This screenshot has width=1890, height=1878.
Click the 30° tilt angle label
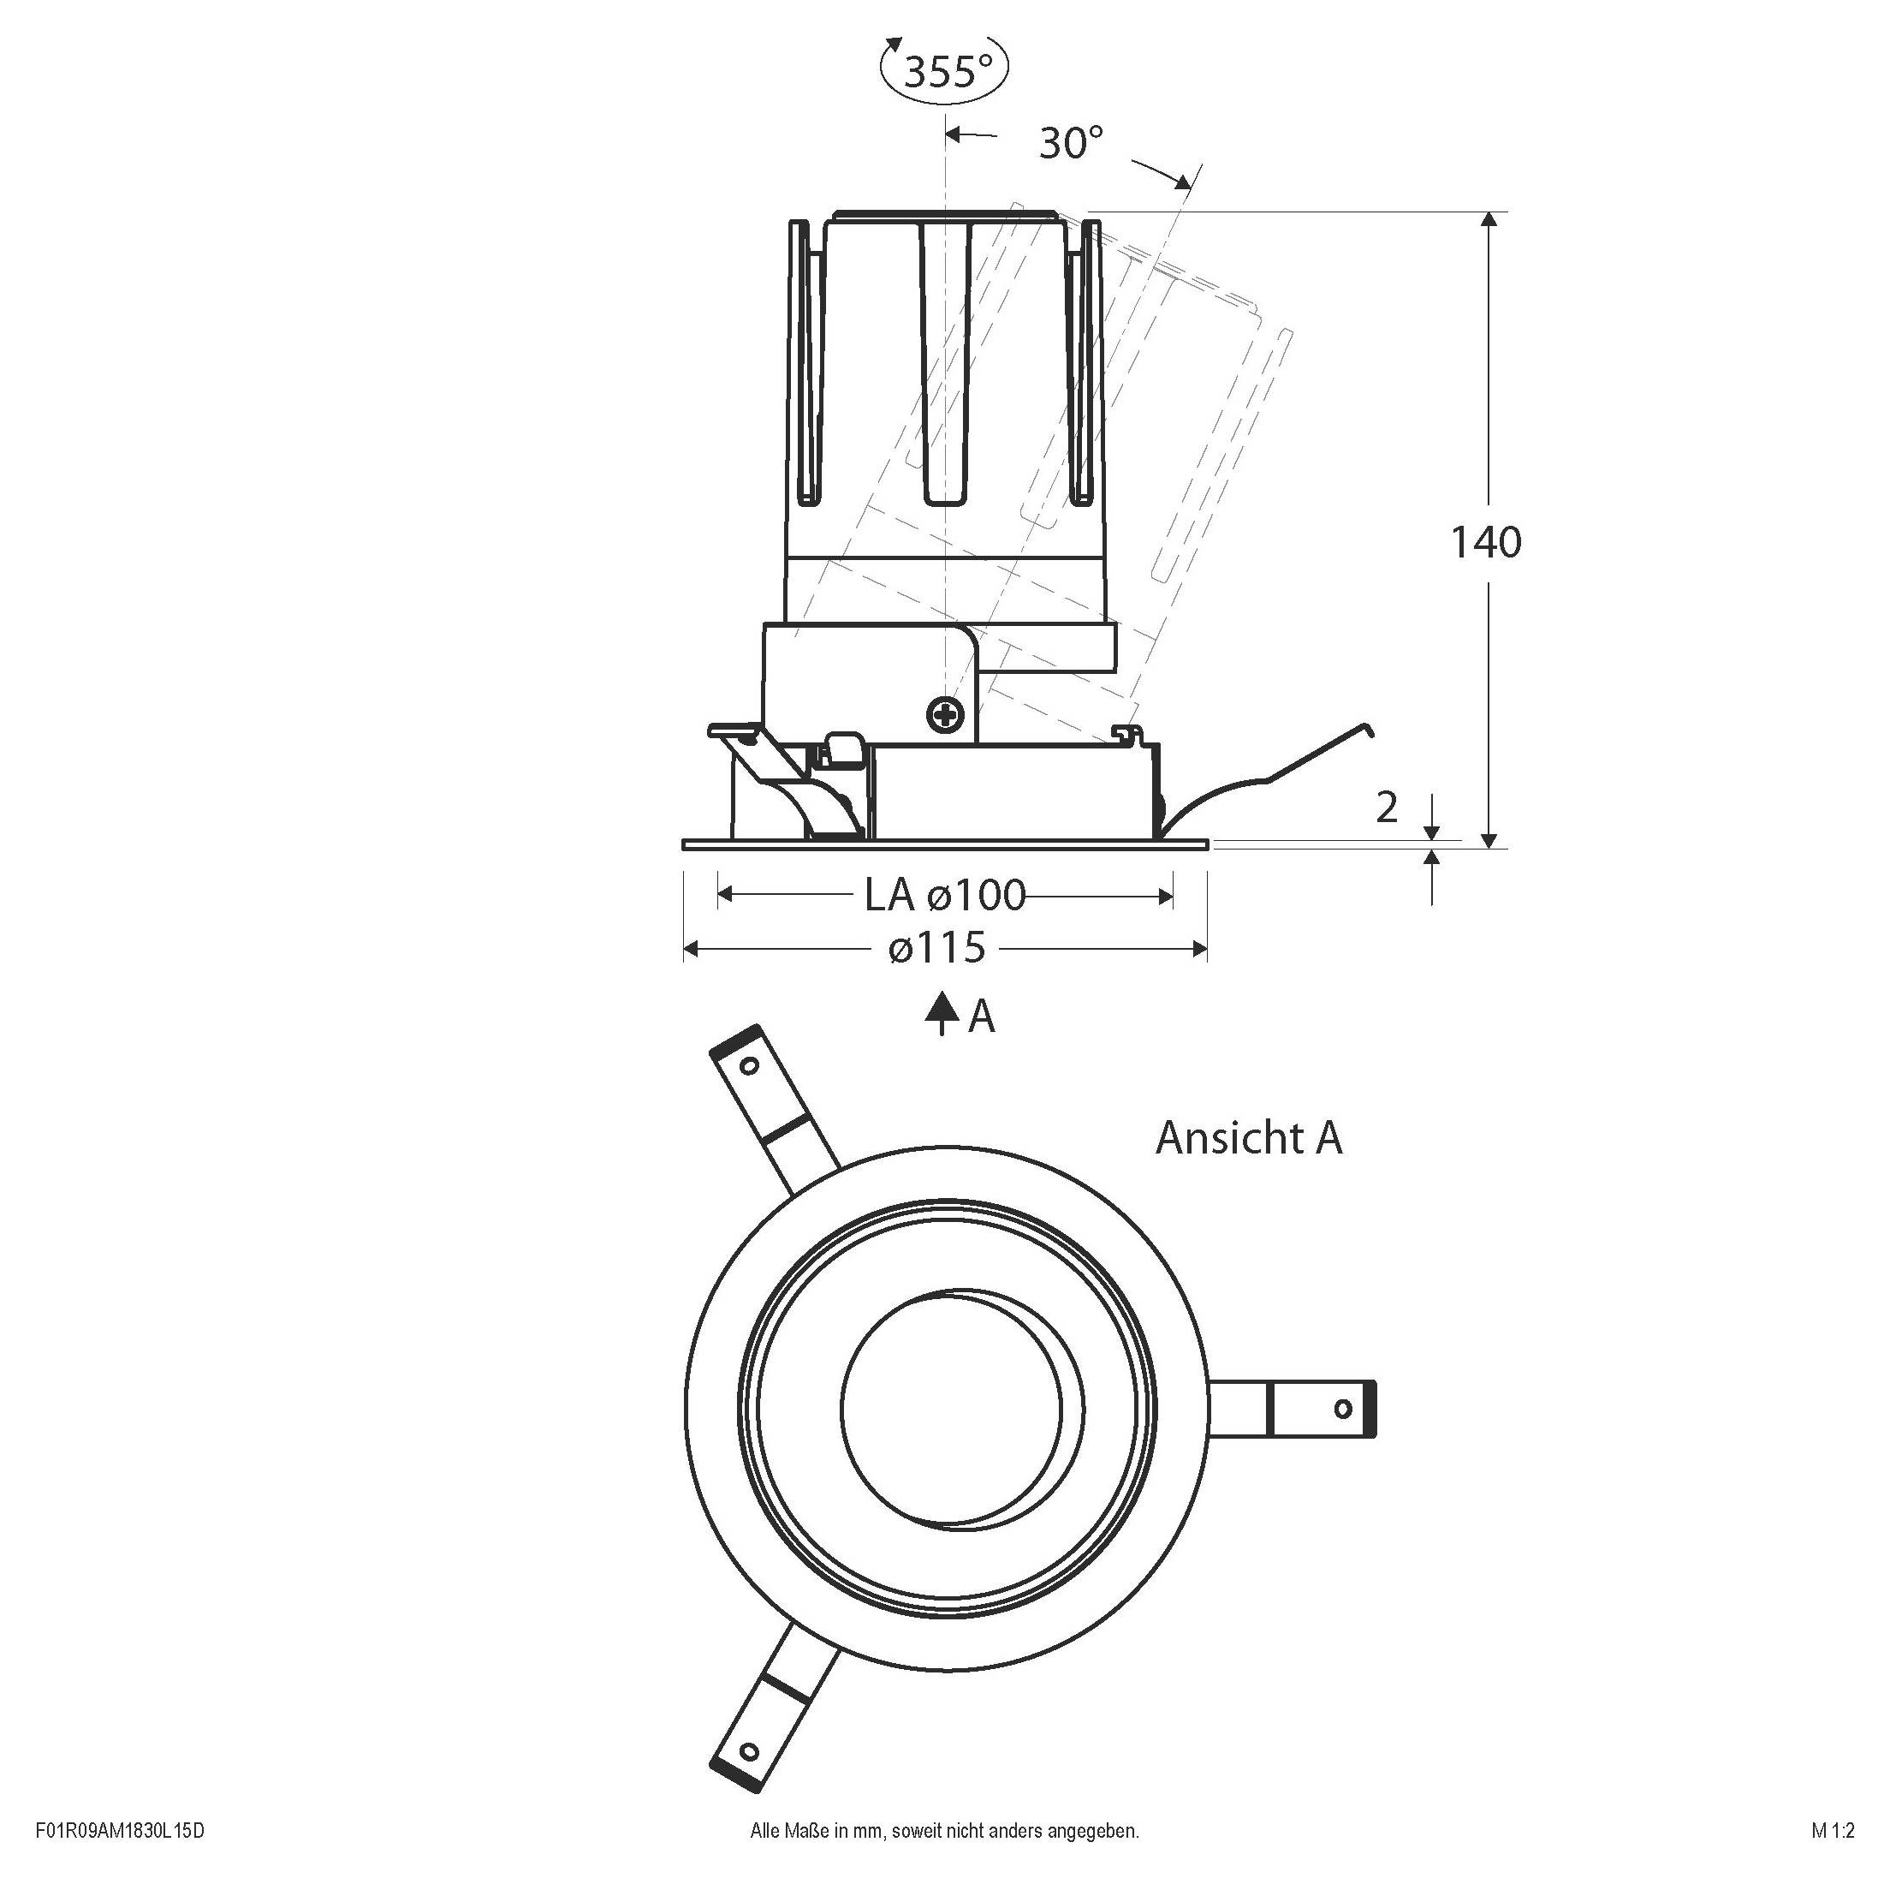pyautogui.click(x=1070, y=143)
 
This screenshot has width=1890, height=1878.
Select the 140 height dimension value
pyautogui.click(x=1485, y=542)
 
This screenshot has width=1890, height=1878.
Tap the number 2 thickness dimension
pyautogui.click(x=1386, y=808)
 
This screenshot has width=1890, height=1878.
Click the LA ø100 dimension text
pyautogui.click(x=945, y=895)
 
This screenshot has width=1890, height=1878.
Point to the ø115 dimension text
pyautogui.click(x=938, y=947)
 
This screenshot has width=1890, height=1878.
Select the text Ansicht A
pyautogui.click(x=1248, y=1138)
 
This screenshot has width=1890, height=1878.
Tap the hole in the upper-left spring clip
pyautogui.click(x=749, y=1065)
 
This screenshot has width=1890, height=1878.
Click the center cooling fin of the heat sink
pyautogui.click(x=945, y=362)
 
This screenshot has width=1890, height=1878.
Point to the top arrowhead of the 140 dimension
pyautogui.click(x=1489, y=218)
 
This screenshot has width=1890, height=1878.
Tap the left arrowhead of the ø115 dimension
pyautogui.click(x=691, y=948)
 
